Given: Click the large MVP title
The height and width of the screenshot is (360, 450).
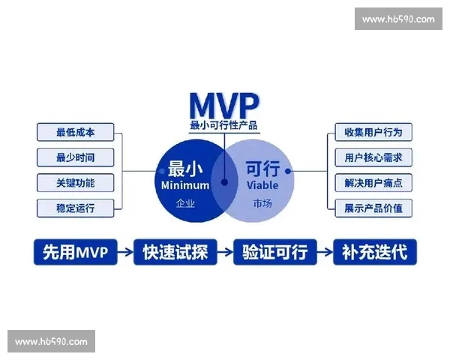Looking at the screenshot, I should click(x=223, y=103).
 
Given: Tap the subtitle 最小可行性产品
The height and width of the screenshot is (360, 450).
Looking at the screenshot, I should click(x=223, y=125).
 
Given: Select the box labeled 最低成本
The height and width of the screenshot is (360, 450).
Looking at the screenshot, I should click(x=75, y=133).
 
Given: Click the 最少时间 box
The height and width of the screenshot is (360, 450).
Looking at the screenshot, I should click(x=75, y=157).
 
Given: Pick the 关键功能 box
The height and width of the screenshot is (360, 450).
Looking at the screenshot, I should click(x=75, y=182).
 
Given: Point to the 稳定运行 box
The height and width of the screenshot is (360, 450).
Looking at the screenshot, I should click(x=75, y=207).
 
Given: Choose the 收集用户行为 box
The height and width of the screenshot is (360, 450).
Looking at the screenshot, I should click(x=373, y=133).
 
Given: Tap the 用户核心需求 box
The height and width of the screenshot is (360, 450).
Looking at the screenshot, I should click(x=373, y=157).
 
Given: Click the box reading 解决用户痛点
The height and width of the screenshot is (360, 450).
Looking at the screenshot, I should click(x=373, y=182).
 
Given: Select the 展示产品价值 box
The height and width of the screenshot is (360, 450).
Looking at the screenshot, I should click(x=373, y=207).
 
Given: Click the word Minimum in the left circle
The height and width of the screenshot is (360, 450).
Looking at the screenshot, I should click(x=185, y=184).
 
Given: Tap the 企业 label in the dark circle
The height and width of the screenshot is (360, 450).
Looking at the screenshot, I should click(x=185, y=202).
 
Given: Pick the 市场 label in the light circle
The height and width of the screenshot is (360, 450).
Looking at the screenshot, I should click(x=262, y=202).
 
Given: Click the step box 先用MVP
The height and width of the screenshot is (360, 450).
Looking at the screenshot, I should click(x=76, y=252).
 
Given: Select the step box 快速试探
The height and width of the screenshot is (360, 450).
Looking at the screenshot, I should click(x=174, y=252).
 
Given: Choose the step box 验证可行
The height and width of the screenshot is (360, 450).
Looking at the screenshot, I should click(x=274, y=252).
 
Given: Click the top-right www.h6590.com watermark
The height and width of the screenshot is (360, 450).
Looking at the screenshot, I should click(x=397, y=19).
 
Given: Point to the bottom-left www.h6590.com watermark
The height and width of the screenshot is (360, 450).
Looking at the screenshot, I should click(x=51, y=341).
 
